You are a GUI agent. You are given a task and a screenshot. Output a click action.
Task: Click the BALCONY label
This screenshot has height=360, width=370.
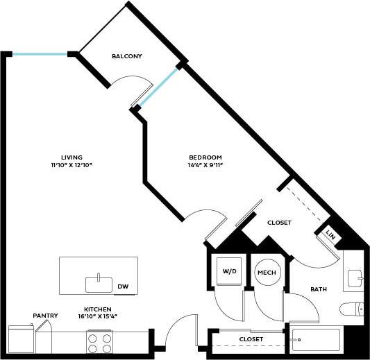point(126,56)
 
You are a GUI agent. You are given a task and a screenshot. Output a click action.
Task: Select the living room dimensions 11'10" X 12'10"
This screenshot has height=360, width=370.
point(72,166)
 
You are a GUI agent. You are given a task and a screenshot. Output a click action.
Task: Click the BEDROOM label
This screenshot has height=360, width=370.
point(205,157)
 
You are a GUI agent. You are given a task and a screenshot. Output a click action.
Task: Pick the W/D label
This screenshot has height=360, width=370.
point(229,271)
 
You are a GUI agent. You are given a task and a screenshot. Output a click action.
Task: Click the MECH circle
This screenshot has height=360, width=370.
point(267,273)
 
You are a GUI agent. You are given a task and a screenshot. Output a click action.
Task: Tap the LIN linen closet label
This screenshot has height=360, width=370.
point(330,237)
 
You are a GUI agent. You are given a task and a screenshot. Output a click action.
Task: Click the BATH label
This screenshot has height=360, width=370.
point(319,289)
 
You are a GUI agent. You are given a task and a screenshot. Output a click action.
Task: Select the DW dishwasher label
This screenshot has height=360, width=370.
point(123,286)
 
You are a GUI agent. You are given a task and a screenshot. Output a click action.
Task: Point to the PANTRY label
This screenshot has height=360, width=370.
point(45,316)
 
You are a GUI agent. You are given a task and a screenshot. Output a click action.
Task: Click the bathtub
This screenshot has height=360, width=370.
point(316,340)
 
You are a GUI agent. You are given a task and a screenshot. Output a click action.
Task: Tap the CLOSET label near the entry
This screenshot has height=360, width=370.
point(251,338)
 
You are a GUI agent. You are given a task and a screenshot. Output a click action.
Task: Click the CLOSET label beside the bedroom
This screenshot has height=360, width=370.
point(279,223)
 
